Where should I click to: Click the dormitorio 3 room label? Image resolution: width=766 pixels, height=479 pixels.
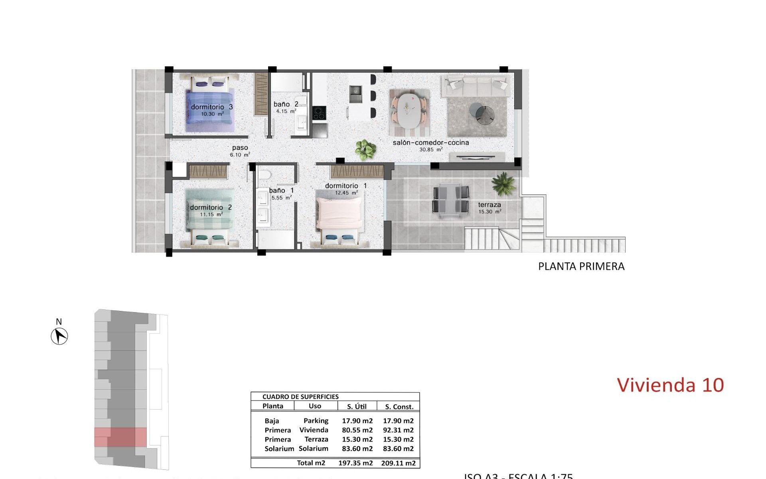click(x=211, y=107)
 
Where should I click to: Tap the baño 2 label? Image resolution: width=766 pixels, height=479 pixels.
click(x=286, y=105)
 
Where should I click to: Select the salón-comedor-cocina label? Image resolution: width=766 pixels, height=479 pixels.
click(x=430, y=143)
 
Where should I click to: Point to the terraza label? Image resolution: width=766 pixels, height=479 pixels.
click(x=489, y=205)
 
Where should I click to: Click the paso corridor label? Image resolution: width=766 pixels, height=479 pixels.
click(x=240, y=148)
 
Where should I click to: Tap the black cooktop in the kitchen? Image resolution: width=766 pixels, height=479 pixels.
click(x=319, y=113)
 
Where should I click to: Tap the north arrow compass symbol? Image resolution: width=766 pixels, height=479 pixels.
click(x=59, y=336)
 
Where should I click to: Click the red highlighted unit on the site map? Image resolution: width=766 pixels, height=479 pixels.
click(x=120, y=437)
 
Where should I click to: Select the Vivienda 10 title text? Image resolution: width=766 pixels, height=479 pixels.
click(x=670, y=385)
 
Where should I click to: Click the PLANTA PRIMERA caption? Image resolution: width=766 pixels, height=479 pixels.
click(x=581, y=267)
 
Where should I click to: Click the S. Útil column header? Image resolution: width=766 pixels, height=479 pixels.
click(x=357, y=407)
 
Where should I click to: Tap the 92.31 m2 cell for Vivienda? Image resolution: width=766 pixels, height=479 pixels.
click(x=398, y=430)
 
